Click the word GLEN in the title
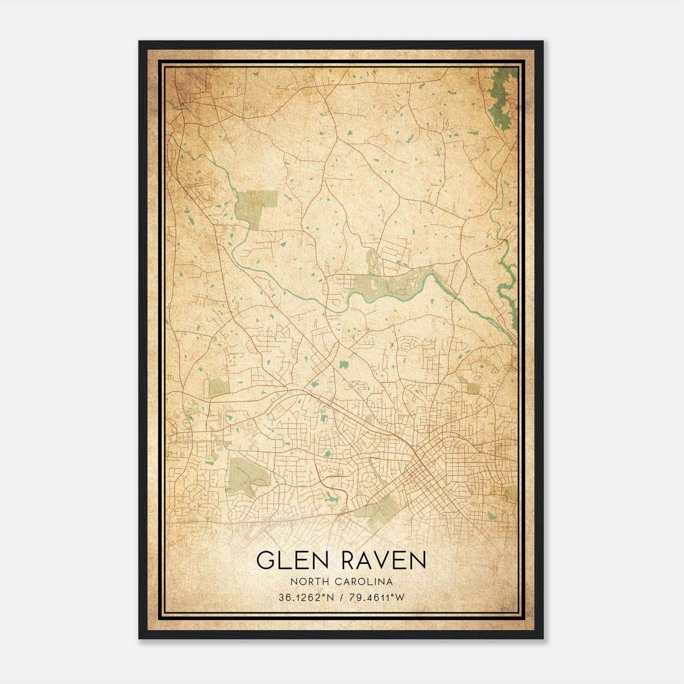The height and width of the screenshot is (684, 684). (x=292, y=560)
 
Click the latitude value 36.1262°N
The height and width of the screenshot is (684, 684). (x=305, y=598)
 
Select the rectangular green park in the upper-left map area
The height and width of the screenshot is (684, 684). (x=256, y=208)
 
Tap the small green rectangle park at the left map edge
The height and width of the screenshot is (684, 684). (x=219, y=387)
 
